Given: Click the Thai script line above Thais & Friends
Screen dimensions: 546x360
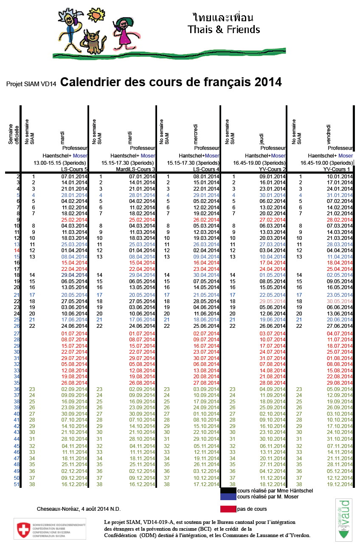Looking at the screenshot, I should pyautogui.click(x=223, y=18).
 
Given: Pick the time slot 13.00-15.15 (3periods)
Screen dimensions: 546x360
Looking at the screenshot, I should pyautogui.click(x=60, y=163).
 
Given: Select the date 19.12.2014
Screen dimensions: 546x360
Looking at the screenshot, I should pyautogui.click(x=340, y=484).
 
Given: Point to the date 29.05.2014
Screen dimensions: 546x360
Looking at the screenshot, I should pyautogui.click(x=273, y=301).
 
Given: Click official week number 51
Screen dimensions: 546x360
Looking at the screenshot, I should pyautogui.click(x=17, y=484).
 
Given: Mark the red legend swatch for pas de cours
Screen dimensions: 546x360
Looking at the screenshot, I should pyautogui.click(x=228, y=509).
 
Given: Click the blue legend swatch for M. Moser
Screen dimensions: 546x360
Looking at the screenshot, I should pyautogui.click(x=228, y=496).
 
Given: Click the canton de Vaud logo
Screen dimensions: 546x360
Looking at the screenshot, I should pyautogui.click(x=344, y=519).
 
